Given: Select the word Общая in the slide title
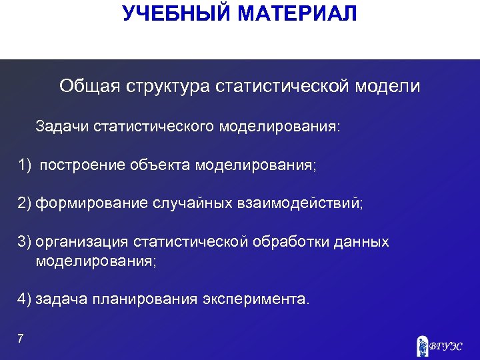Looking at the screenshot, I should tap(85, 87).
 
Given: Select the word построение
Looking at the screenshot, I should tap(81, 165).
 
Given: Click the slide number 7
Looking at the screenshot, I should tap(21, 339).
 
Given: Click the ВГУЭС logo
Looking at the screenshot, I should tap(438, 345).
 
